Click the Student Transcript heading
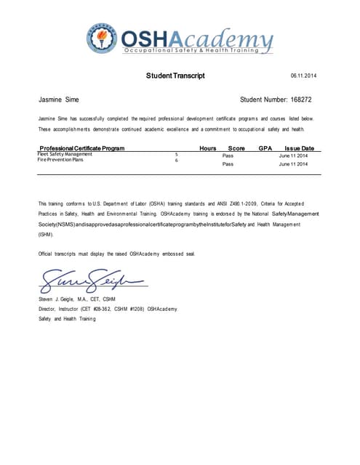(x=175, y=76)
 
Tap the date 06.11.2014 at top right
(x=303, y=76)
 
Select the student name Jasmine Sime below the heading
(x=58, y=99)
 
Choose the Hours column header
(x=208, y=148)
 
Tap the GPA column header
(x=265, y=148)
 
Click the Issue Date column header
(x=299, y=148)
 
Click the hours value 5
(x=177, y=155)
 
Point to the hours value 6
(x=177, y=161)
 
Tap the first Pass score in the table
(x=227, y=155)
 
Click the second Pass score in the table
(x=227, y=165)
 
